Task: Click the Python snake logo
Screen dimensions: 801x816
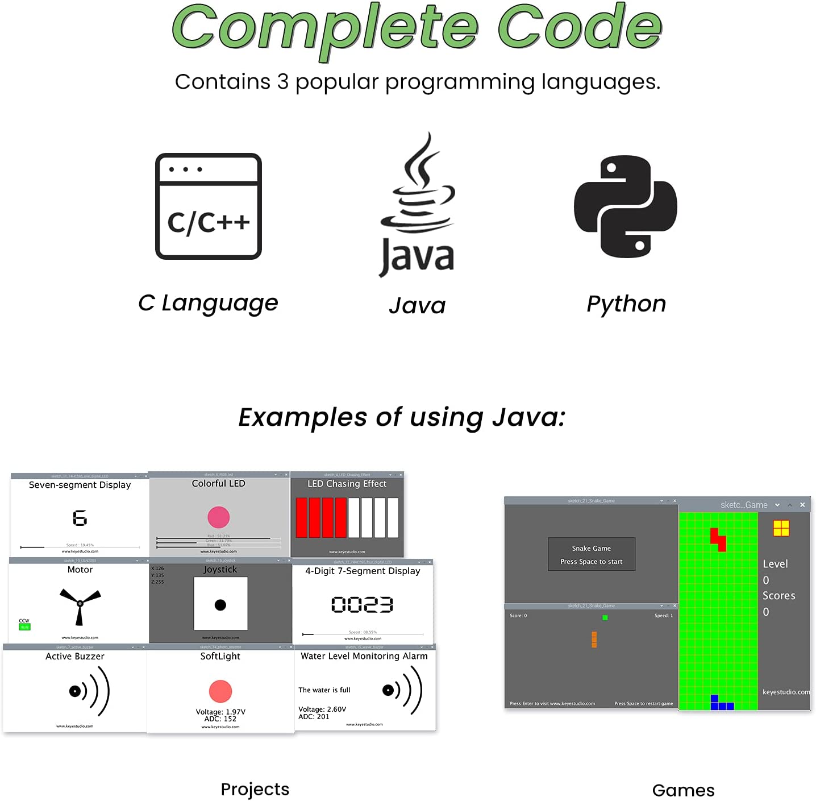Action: [x=625, y=206]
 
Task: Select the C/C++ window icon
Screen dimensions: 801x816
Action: [x=209, y=206]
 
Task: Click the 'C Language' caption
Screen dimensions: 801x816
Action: [x=208, y=303]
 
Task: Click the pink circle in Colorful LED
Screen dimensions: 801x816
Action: [x=219, y=517]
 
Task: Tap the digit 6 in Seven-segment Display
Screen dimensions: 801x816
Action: [x=80, y=518]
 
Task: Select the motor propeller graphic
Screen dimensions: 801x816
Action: [x=80, y=604]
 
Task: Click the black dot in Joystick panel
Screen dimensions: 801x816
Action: [x=220, y=605]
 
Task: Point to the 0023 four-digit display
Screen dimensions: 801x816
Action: [x=362, y=604]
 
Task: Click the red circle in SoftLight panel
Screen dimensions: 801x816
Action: [x=220, y=691]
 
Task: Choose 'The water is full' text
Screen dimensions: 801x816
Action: [x=324, y=690]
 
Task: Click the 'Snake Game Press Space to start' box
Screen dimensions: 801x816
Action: [x=591, y=554]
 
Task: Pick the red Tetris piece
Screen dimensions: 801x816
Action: [x=719, y=539]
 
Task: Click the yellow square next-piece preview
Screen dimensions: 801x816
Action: [x=781, y=528]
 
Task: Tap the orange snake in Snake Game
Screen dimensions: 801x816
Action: [x=594, y=640]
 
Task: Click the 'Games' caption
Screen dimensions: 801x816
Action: [x=683, y=790]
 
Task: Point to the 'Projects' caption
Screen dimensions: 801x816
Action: [x=255, y=789]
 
